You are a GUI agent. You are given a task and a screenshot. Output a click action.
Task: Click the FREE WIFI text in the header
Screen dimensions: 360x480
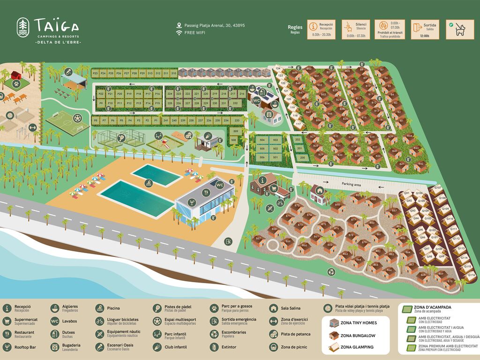195,33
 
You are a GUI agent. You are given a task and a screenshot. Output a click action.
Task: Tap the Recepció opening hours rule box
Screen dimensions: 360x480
322,29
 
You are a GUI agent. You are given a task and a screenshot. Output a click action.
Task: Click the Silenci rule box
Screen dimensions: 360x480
356,29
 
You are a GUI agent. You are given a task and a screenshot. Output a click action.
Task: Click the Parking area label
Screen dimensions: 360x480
351,185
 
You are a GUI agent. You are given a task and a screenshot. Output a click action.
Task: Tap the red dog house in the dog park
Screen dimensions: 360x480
16,76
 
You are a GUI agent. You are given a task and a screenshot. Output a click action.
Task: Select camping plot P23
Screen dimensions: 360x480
95,74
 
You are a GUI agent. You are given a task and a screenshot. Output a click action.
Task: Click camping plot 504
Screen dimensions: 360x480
262,140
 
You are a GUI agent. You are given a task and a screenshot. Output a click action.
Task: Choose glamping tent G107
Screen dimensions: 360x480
437,188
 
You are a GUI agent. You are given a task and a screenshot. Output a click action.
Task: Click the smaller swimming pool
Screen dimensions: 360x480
156,175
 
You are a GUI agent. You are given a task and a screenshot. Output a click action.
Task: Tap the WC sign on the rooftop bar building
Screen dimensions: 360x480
219,185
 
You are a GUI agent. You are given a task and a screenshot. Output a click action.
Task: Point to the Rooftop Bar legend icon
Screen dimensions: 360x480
7,347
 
